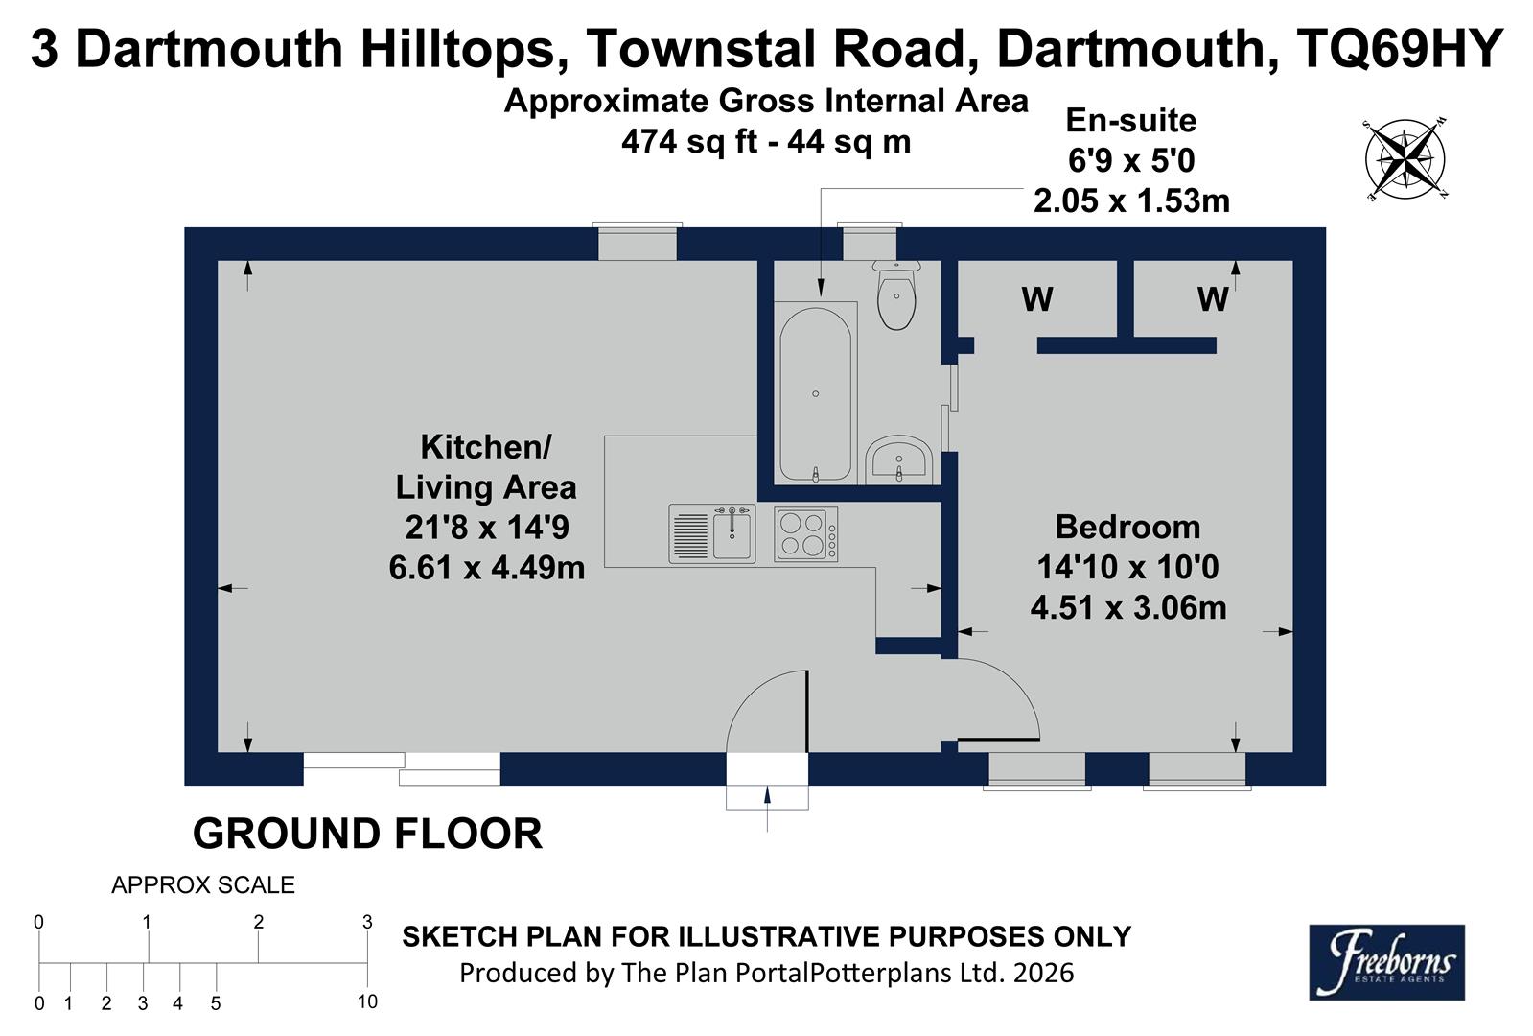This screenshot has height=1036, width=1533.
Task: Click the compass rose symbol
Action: (1405, 159)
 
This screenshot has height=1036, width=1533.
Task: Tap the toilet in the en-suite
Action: (896, 295)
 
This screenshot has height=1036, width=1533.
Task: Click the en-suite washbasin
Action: (898, 461)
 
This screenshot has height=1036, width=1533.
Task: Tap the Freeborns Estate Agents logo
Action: (1386, 962)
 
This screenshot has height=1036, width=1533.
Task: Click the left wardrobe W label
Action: (1037, 299)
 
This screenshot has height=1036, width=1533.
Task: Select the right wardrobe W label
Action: (1212, 299)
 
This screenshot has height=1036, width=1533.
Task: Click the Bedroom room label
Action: (1127, 527)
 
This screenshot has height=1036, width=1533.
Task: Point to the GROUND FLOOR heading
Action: (367, 834)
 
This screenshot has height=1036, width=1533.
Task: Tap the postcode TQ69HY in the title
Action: (1398, 49)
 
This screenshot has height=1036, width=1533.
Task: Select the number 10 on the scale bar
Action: (367, 1002)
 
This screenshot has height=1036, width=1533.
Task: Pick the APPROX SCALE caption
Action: (203, 885)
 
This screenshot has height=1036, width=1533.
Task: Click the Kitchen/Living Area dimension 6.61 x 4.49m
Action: (486, 568)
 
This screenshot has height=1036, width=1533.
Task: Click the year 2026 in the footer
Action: (1043, 973)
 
